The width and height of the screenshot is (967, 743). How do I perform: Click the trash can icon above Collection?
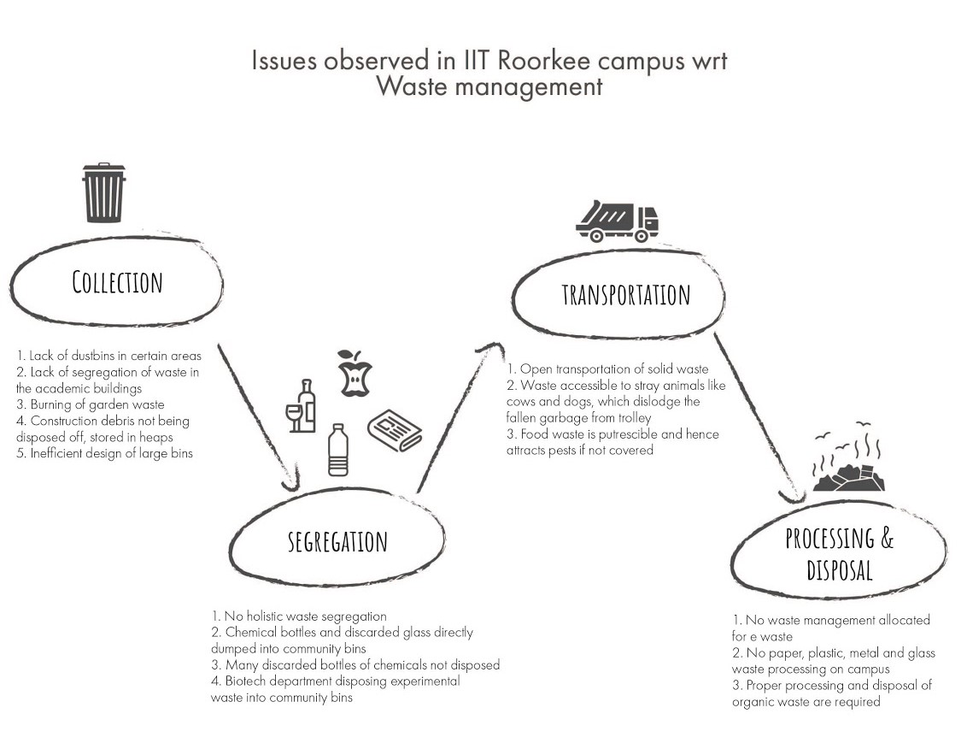pos(103,193)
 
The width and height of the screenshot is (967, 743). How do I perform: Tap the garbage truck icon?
pos(617,221)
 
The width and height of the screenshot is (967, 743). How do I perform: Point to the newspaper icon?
pos(395,431)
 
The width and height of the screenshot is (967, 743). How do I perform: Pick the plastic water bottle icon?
pos(338,450)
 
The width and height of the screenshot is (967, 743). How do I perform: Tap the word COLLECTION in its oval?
pos(117,282)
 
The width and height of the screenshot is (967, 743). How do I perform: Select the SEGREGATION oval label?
pos(337,541)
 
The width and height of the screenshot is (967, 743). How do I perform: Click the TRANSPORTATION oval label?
pos(625,295)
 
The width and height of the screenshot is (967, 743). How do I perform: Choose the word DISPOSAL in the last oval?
pos(839,569)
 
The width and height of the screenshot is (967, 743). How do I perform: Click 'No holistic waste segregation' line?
pos(299,616)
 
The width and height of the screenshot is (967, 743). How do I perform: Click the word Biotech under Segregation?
pos(248,681)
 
